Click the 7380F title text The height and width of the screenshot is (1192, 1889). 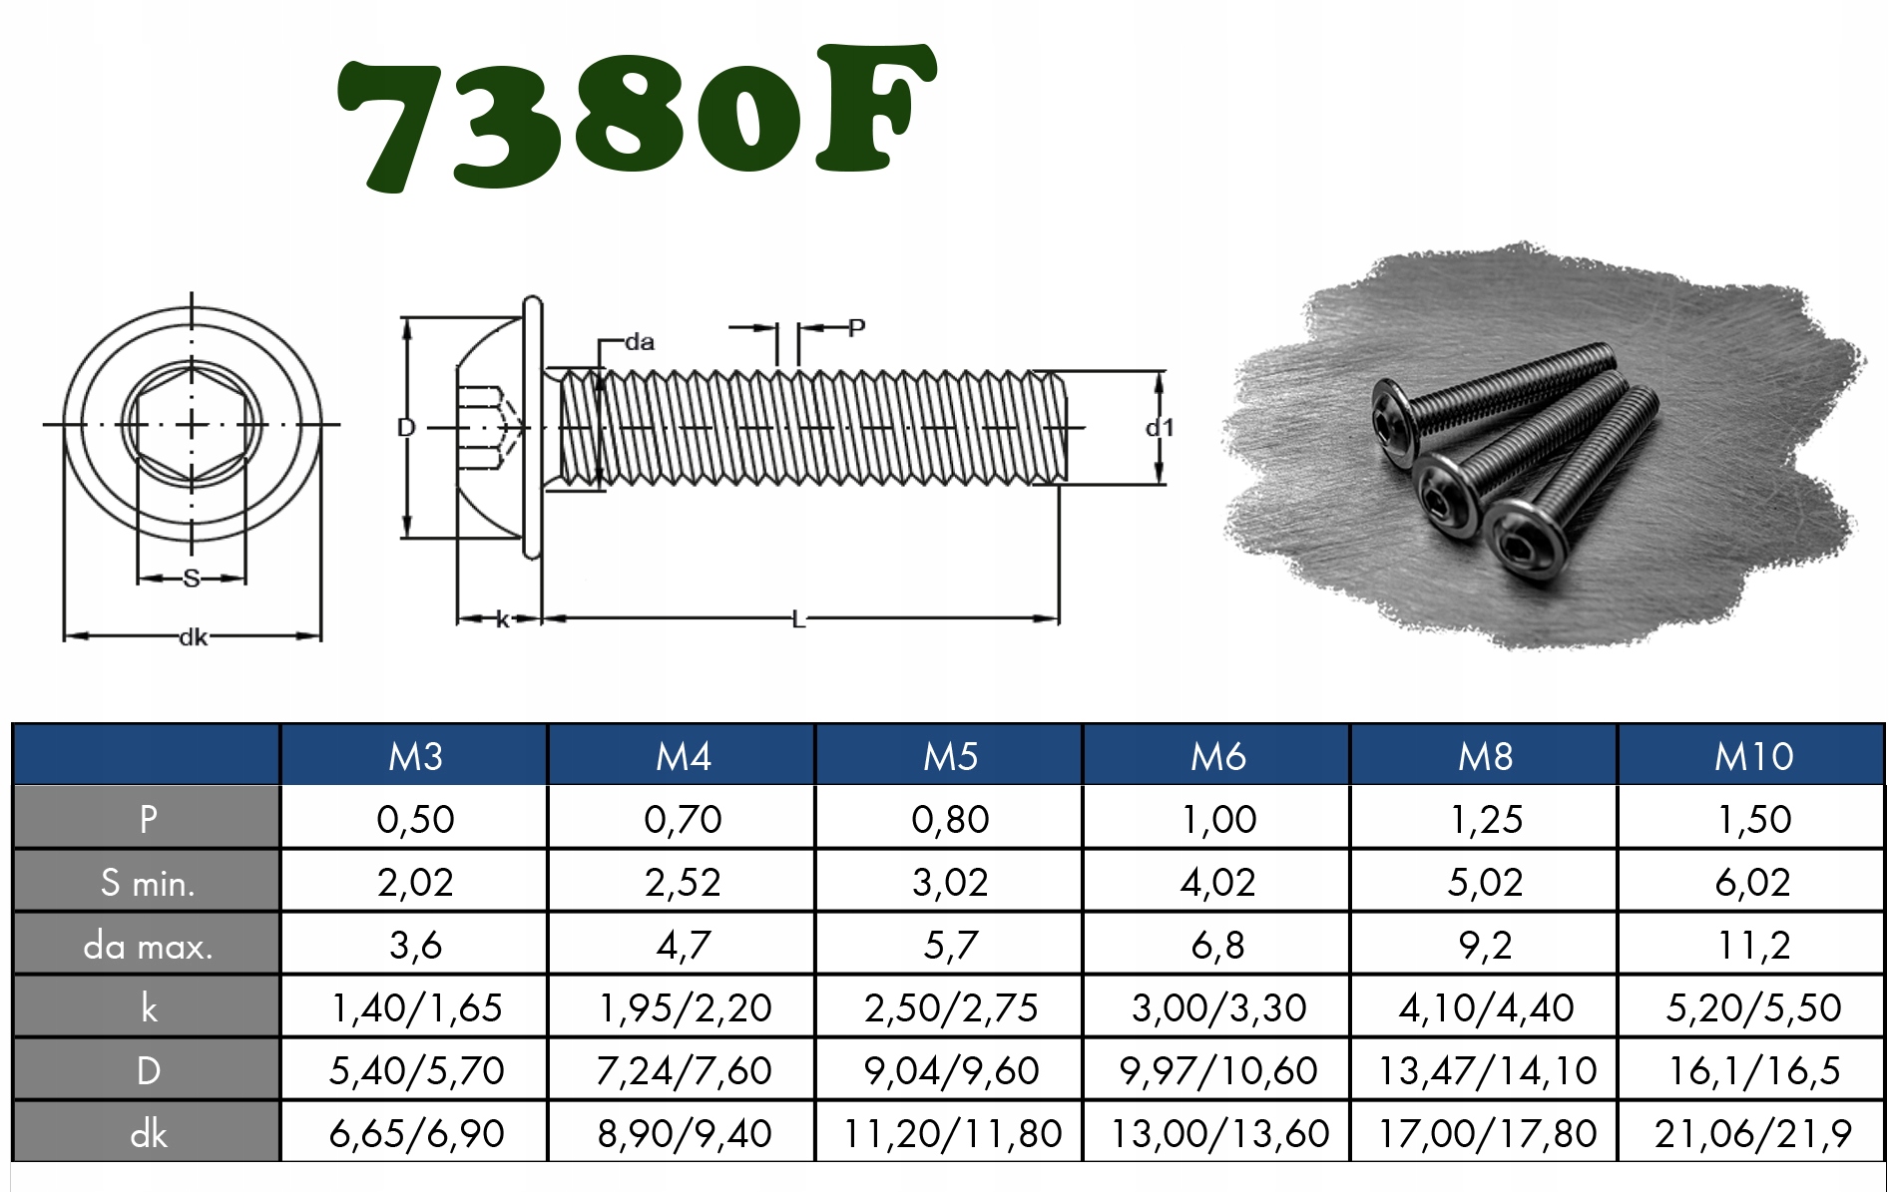coord(636,118)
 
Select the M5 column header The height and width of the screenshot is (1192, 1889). coord(950,756)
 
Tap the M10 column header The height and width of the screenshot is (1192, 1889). coord(1752,756)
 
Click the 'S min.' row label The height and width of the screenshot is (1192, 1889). coord(148,882)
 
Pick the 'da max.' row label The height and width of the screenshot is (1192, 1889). coord(148,945)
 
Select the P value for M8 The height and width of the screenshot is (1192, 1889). coord(1485,819)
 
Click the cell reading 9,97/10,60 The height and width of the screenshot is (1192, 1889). coord(1217,1070)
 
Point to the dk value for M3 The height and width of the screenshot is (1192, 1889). coord(415,1133)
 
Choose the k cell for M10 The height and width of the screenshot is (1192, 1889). coord(1752,1007)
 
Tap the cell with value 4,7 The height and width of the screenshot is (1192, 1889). coord(683,945)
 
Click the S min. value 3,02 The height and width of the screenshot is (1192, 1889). coord(950,882)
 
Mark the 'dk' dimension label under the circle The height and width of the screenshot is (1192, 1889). coord(193,636)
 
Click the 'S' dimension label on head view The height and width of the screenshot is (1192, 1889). coord(192,578)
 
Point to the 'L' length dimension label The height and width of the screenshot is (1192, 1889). coord(797,620)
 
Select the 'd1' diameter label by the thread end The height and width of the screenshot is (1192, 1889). coord(1160,428)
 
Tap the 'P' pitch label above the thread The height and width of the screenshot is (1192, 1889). coord(856,327)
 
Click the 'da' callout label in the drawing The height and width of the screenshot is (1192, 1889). coord(640,342)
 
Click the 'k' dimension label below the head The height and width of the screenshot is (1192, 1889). coord(502,620)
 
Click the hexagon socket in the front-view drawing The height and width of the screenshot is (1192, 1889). coord(192,425)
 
